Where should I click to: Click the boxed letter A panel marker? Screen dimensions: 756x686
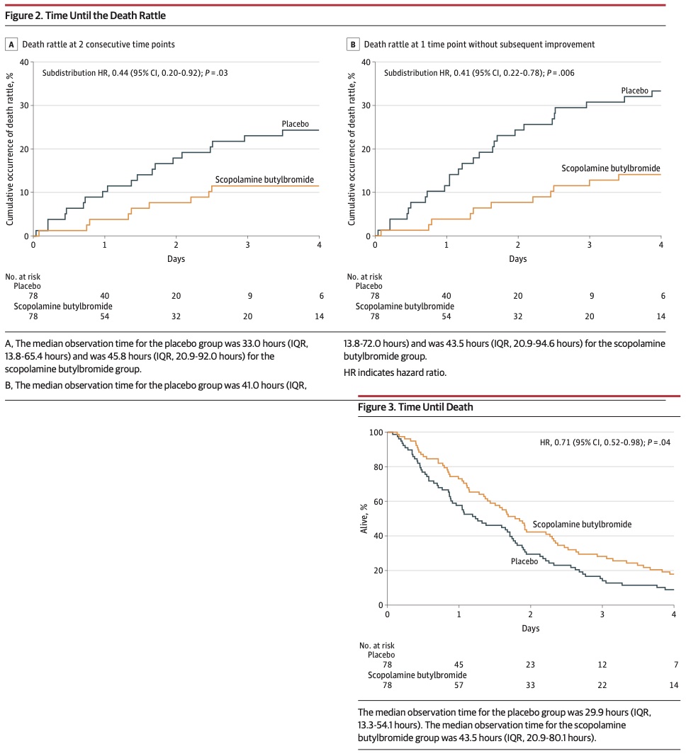click(11, 44)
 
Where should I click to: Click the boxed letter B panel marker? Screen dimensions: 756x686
click(352, 44)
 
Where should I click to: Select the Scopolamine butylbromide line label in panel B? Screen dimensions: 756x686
click(611, 168)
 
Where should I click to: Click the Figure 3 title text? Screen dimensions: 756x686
click(415, 407)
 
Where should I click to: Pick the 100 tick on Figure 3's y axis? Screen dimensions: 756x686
click(377, 433)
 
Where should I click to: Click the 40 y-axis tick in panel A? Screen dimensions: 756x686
click(24, 62)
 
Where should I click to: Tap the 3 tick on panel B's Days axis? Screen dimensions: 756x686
click(589, 245)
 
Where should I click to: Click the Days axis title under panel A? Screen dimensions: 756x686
click(176, 258)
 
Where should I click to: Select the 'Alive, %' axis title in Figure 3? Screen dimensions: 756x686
click(364, 517)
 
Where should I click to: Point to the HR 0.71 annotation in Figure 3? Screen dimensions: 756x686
click(605, 442)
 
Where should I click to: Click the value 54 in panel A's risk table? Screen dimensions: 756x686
click(105, 316)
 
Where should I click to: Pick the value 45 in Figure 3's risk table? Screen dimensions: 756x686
click(459, 664)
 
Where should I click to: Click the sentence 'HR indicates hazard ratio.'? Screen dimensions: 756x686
click(395, 372)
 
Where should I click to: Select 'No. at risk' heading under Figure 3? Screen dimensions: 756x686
click(377, 645)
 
